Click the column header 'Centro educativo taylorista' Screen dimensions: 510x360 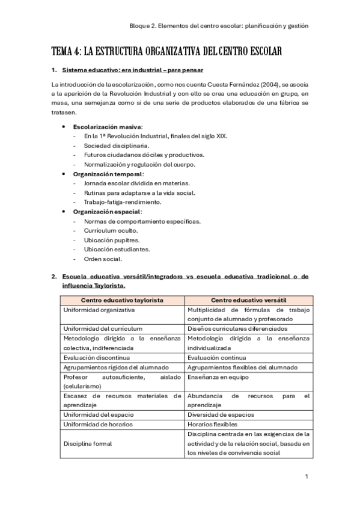[123, 300]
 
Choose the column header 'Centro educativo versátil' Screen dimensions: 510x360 [248, 300]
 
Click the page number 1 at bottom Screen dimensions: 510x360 [307, 476]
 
